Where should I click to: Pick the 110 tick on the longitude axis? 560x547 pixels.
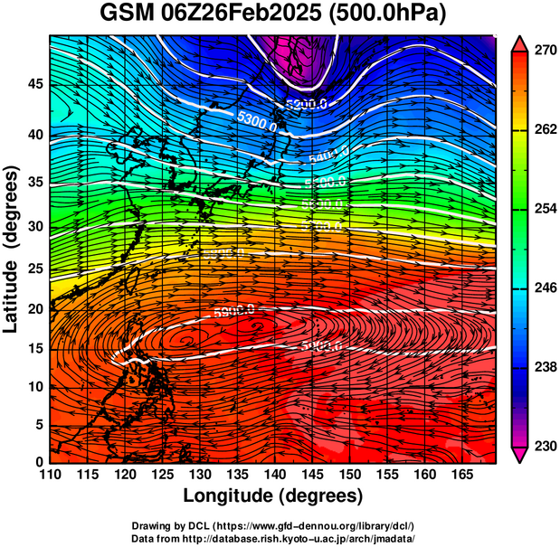tap(50, 474)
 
